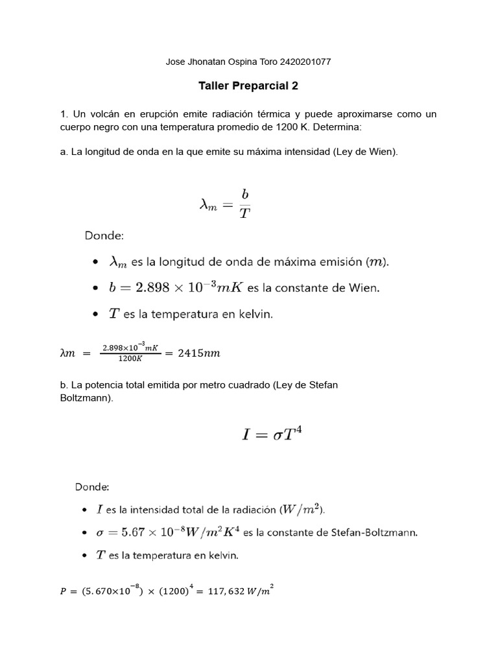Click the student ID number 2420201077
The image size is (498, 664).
coord(305,62)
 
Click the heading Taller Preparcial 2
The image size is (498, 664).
coord(248,86)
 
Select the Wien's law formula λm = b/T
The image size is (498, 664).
coord(224,204)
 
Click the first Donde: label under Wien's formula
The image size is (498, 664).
coord(108,236)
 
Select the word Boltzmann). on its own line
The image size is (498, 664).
coord(86,397)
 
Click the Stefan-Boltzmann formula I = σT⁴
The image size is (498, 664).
coord(271,434)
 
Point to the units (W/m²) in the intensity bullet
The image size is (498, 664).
coord(303,510)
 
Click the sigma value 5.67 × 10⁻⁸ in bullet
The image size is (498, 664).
coord(150,533)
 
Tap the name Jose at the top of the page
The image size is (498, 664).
coord(176,62)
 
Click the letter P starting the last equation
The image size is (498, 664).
coord(63,591)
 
